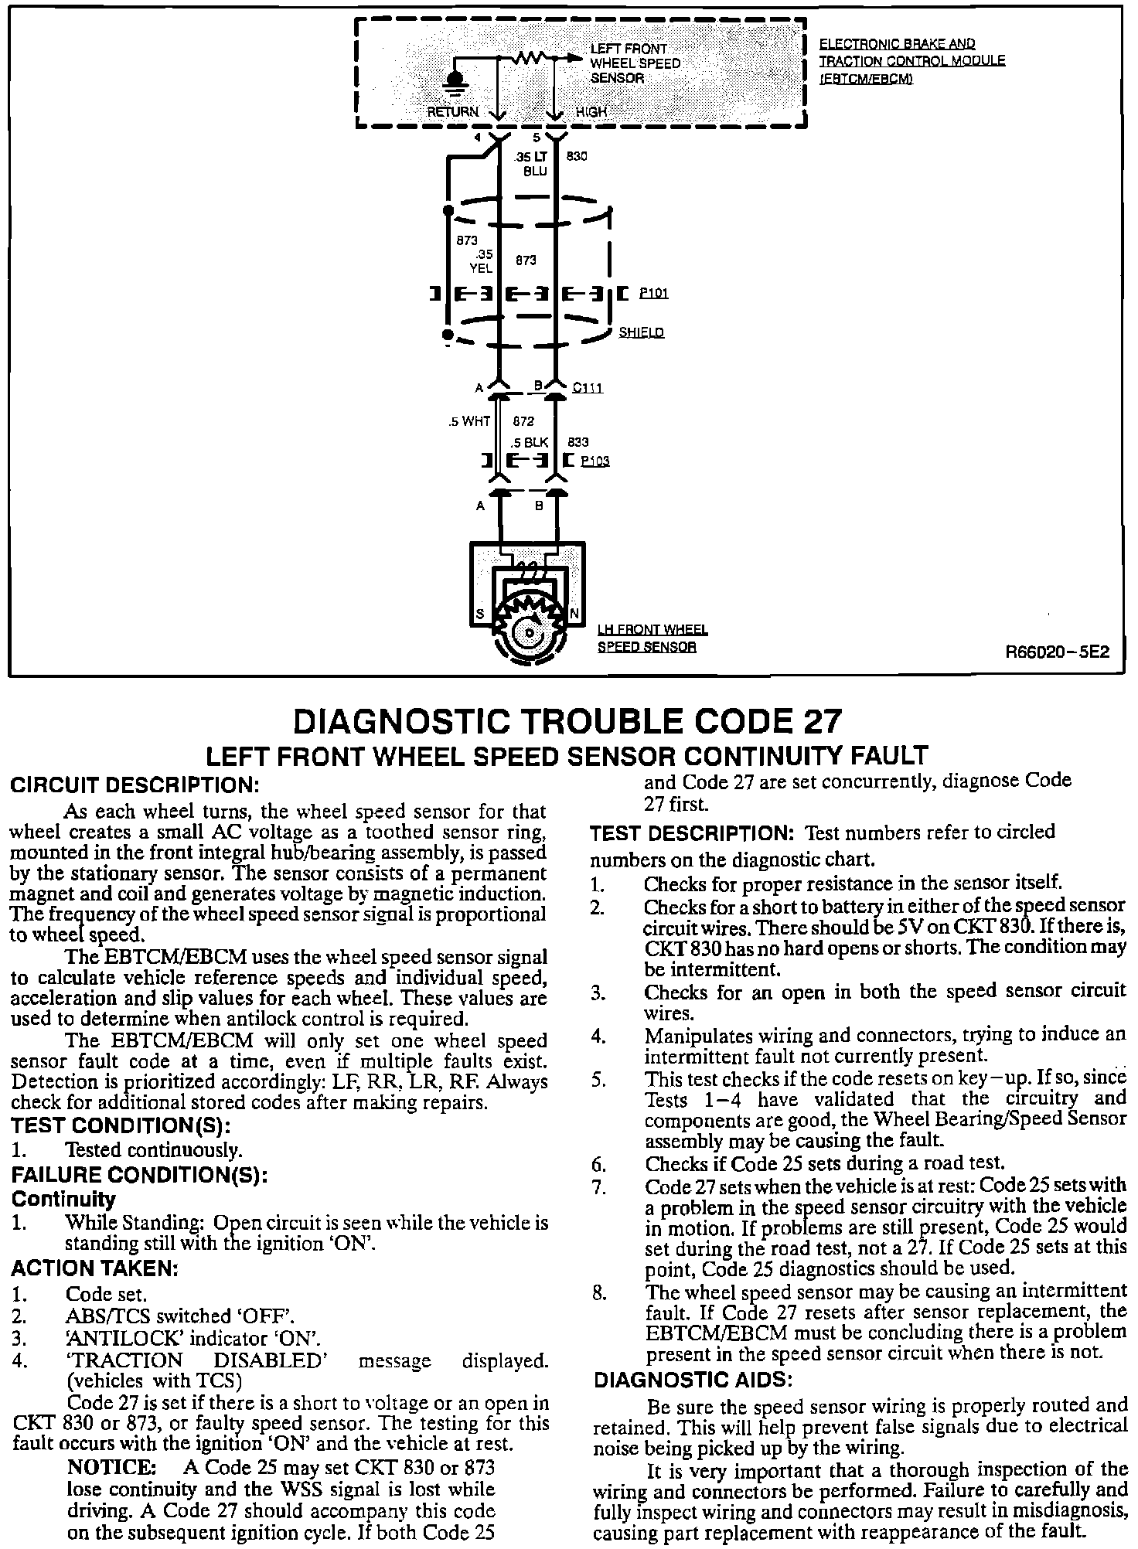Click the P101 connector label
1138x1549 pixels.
[x=653, y=294]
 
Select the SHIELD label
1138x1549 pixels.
[x=641, y=332]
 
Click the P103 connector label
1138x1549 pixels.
[x=595, y=461]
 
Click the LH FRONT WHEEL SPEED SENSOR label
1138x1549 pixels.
[x=652, y=638]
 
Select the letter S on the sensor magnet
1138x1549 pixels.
[x=480, y=614]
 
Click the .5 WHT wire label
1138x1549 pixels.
[x=469, y=422]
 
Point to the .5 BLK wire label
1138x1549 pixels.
[x=530, y=443]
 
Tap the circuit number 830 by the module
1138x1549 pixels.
[x=578, y=156]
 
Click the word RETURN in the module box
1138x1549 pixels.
[x=454, y=112]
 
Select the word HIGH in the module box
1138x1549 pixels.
[x=591, y=112]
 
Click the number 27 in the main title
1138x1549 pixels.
[x=815, y=721]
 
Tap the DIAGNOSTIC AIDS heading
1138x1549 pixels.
[x=693, y=1380]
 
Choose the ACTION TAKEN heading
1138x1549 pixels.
[x=94, y=1268]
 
